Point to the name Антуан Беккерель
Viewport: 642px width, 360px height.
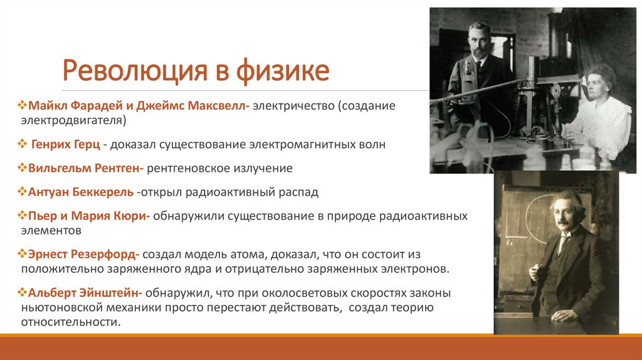(x=81, y=191)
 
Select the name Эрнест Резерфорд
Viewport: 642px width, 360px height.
(x=85, y=255)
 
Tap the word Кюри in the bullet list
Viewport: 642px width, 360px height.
(x=130, y=216)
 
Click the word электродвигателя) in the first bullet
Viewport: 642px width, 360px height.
(x=74, y=120)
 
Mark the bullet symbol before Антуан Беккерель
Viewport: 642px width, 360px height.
(x=23, y=191)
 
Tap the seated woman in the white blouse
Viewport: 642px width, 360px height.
(x=598, y=113)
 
